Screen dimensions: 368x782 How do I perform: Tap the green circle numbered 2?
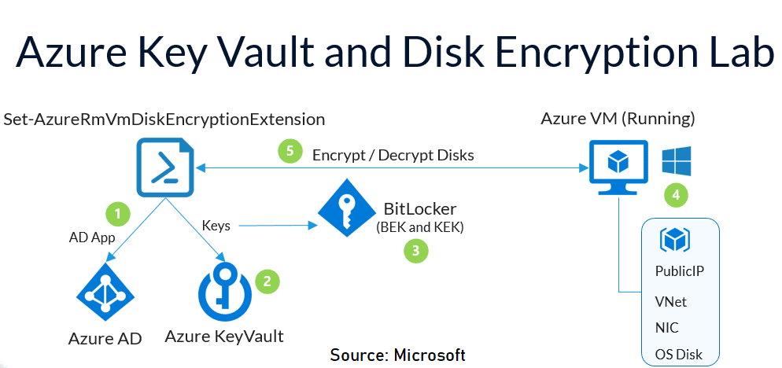point(267,280)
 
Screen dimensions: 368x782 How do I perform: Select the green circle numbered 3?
point(415,251)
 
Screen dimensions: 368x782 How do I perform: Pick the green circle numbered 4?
point(673,193)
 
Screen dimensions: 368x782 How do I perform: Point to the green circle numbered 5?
point(290,152)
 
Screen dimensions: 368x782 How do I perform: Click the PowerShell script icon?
point(164,167)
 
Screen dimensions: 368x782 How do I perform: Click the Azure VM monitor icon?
point(618,165)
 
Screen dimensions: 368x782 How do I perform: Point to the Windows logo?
point(676,158)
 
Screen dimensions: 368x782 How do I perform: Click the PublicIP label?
point(679,271)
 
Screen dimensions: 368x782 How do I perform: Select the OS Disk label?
point(678,354)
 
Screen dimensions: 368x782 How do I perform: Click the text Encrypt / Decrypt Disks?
point(393,155)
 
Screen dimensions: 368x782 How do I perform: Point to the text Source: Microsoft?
point(397,355)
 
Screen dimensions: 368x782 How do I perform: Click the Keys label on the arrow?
point(216,226)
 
